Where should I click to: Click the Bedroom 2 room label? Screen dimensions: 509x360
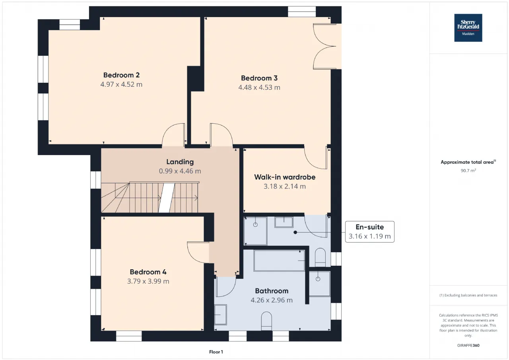click(121, 75)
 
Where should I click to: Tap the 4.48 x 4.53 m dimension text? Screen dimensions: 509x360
click(259, 88)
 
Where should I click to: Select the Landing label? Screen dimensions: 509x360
click(180, 162)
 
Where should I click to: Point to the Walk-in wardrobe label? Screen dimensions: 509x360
click(285, 177)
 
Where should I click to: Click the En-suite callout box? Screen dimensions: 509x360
click(370, 232)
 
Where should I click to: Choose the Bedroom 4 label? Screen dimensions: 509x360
click(148, 272)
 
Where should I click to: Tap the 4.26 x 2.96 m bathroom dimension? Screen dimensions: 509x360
click(272, 300)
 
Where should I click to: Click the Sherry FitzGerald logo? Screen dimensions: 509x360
click(468, 28)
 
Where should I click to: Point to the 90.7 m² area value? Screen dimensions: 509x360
click(468, 171)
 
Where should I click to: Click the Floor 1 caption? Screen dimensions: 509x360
click(216, 352)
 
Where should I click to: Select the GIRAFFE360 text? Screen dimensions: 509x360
click(468, 345)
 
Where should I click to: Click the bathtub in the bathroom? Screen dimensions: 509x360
click(279, 261)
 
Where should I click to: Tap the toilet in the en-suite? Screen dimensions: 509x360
click(320, 257)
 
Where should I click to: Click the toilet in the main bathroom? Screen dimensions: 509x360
click(266, 321)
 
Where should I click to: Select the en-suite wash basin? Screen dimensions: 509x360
click(284, 222)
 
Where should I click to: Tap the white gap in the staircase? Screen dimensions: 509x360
click(167, 198)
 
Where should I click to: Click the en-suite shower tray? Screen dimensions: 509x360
click(255, 231)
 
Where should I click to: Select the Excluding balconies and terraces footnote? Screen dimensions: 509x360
click(468, 295)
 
